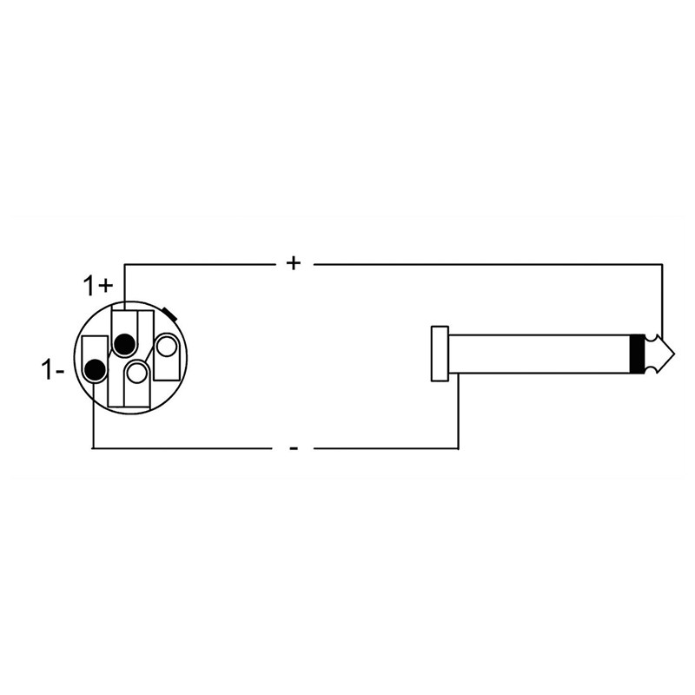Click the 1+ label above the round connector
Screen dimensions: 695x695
[x=97, y=285]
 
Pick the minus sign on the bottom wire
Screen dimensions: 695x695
[x=294, y=448]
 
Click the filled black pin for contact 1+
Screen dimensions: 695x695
[x=124, y=344]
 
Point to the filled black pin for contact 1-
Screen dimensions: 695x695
[x=95, y=371]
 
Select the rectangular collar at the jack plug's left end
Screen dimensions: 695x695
[x=440, y=354]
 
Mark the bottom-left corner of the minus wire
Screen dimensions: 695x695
[x=93, y=448]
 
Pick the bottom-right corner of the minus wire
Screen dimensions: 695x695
[x=458, y=448]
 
